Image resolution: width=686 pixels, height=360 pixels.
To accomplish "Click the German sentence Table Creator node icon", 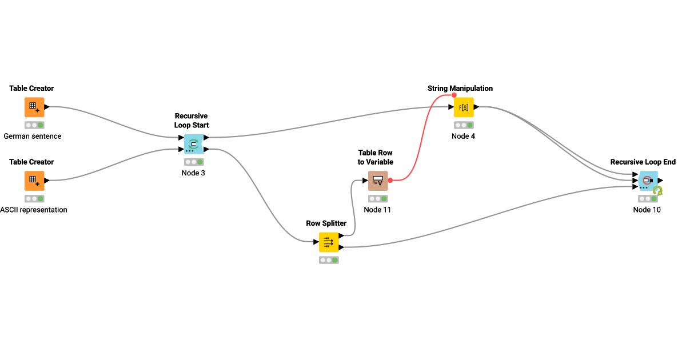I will coord(34,107).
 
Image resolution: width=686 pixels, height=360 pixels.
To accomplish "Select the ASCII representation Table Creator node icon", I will coord(34,181).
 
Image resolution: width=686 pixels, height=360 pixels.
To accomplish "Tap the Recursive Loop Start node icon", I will coord(193,144).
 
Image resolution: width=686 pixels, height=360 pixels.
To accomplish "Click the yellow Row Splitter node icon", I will coord(329,242).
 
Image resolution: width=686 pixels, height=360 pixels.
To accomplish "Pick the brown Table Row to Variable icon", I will coord(378,181).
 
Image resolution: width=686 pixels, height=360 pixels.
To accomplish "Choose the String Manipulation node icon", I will coord(464,107).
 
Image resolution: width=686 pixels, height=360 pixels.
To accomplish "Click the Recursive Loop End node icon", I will coord(648,181).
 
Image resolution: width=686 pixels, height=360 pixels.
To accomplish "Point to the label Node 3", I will coord(193,173).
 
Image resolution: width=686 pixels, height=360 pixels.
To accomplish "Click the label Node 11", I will coord(377,210).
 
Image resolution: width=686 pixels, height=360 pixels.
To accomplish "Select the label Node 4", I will coord(463,136).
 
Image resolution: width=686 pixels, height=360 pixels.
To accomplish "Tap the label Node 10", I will coord(647,210).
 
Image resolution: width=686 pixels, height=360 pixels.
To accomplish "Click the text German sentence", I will coord(33,136).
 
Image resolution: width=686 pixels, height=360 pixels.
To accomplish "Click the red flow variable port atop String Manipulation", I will coord(454,95).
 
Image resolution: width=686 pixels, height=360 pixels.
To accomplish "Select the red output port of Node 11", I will coord(390,181).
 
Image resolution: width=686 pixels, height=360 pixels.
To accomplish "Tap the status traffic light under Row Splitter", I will coord(329,260).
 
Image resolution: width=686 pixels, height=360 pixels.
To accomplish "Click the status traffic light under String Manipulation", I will coord(464,125).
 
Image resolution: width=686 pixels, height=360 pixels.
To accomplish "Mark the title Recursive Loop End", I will coord(643,162).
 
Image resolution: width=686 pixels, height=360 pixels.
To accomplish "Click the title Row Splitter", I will coord(326,223).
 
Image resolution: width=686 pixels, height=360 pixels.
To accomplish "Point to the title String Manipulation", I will coord(460,89).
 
